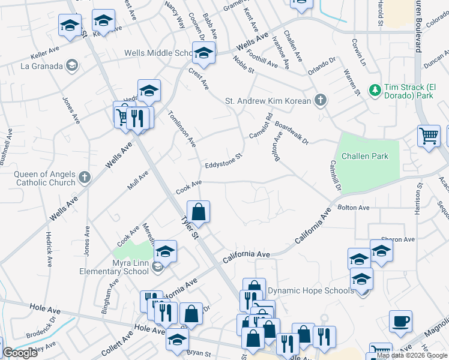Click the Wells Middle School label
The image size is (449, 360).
coord(157,53)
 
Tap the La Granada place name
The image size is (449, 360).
coord(43,65)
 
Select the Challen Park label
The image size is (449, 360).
coord(365,156)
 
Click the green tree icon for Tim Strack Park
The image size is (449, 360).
coord(375,89)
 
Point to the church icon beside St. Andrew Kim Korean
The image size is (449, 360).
coord(321,100)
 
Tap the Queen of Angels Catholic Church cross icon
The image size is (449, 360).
coord(84,177)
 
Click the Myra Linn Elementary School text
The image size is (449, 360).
coord(114,266)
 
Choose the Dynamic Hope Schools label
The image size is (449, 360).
coord(310,290)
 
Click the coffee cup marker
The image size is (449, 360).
coord(400,321)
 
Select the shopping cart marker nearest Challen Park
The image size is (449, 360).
coord(429,136)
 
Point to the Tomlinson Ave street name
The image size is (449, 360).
coord(182,129)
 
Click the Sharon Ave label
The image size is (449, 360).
coord(400,239)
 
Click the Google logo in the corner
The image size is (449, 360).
coord(20,353)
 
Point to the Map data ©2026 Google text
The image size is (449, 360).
coord(412,355)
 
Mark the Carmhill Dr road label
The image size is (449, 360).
coord(335,176)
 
